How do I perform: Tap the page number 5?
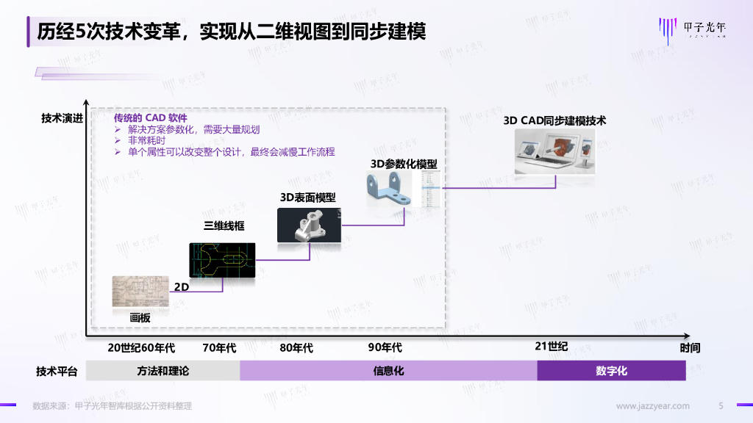coord(721,406)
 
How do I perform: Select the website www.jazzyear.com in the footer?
coord(652,406)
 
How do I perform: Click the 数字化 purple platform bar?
coord(611,371)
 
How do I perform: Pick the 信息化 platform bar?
coord(388,371)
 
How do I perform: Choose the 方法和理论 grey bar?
coord(163,371)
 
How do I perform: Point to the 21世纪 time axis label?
coord(551,347)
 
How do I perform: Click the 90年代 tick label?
coord(385,347)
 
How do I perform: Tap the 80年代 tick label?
coord(296,347)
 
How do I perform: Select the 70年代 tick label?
coord(219,347)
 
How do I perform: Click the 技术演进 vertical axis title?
coord(62,118)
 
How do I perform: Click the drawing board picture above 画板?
coord(140,292)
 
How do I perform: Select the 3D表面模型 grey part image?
coord(308,225)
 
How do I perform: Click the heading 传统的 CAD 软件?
coord(150,118)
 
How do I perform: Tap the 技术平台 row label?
coord(57,372)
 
